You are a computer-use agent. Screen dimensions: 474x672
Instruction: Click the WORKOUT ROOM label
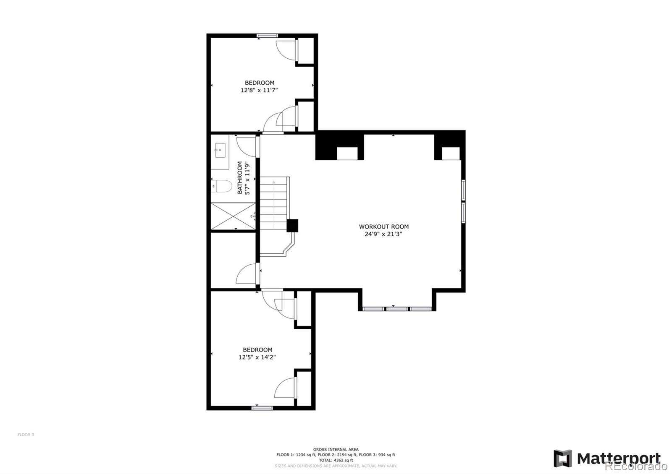pos(383,227)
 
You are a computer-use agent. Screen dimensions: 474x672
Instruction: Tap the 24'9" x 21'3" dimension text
pos(383,234)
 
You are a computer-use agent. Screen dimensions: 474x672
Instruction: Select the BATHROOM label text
pos(240,177)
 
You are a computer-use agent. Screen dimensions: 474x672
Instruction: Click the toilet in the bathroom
pos(222,186)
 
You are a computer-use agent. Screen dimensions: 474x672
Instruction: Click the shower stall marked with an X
pos(233,216)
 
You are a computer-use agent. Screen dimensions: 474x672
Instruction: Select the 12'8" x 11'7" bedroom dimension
pos(259,90)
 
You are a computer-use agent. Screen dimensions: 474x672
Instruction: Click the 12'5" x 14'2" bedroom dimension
pos(257,357)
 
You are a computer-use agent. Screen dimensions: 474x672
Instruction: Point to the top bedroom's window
pos(268,36)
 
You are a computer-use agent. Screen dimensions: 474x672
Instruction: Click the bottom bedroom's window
pos(262,407)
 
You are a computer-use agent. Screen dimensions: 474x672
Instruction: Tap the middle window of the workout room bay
pos(397,309)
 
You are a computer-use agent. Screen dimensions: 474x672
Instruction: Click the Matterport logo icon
pos(562,458)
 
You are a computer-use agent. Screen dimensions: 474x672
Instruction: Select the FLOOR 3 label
pos(26,435)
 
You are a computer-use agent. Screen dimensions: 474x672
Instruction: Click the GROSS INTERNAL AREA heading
pos(336,449)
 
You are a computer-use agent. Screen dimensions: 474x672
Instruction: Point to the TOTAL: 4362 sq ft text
pos(336,460)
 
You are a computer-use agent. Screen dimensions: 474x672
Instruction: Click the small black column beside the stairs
pos(292,226)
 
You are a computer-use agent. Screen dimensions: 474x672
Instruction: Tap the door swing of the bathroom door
pos(246,146)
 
